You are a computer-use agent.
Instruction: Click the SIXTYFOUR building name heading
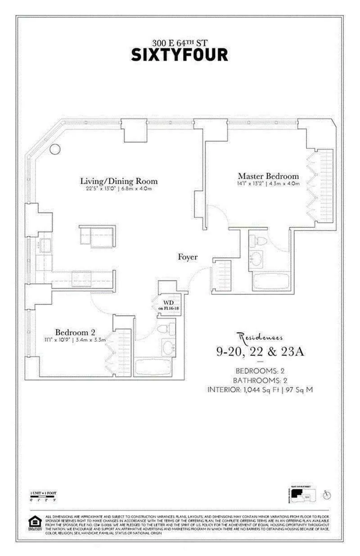(180, 55)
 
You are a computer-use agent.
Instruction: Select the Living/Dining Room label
(119, 181)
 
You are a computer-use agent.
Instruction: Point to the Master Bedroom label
(268, 176)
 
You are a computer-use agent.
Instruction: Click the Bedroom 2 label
(75, 332)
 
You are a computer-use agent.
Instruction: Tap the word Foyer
(188, 257)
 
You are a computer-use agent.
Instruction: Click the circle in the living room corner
(55, 149)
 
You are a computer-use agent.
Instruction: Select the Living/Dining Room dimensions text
(119, 189)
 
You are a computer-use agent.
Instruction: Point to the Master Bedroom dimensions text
(268, 184)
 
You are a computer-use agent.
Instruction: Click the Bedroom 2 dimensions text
(75, 340)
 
